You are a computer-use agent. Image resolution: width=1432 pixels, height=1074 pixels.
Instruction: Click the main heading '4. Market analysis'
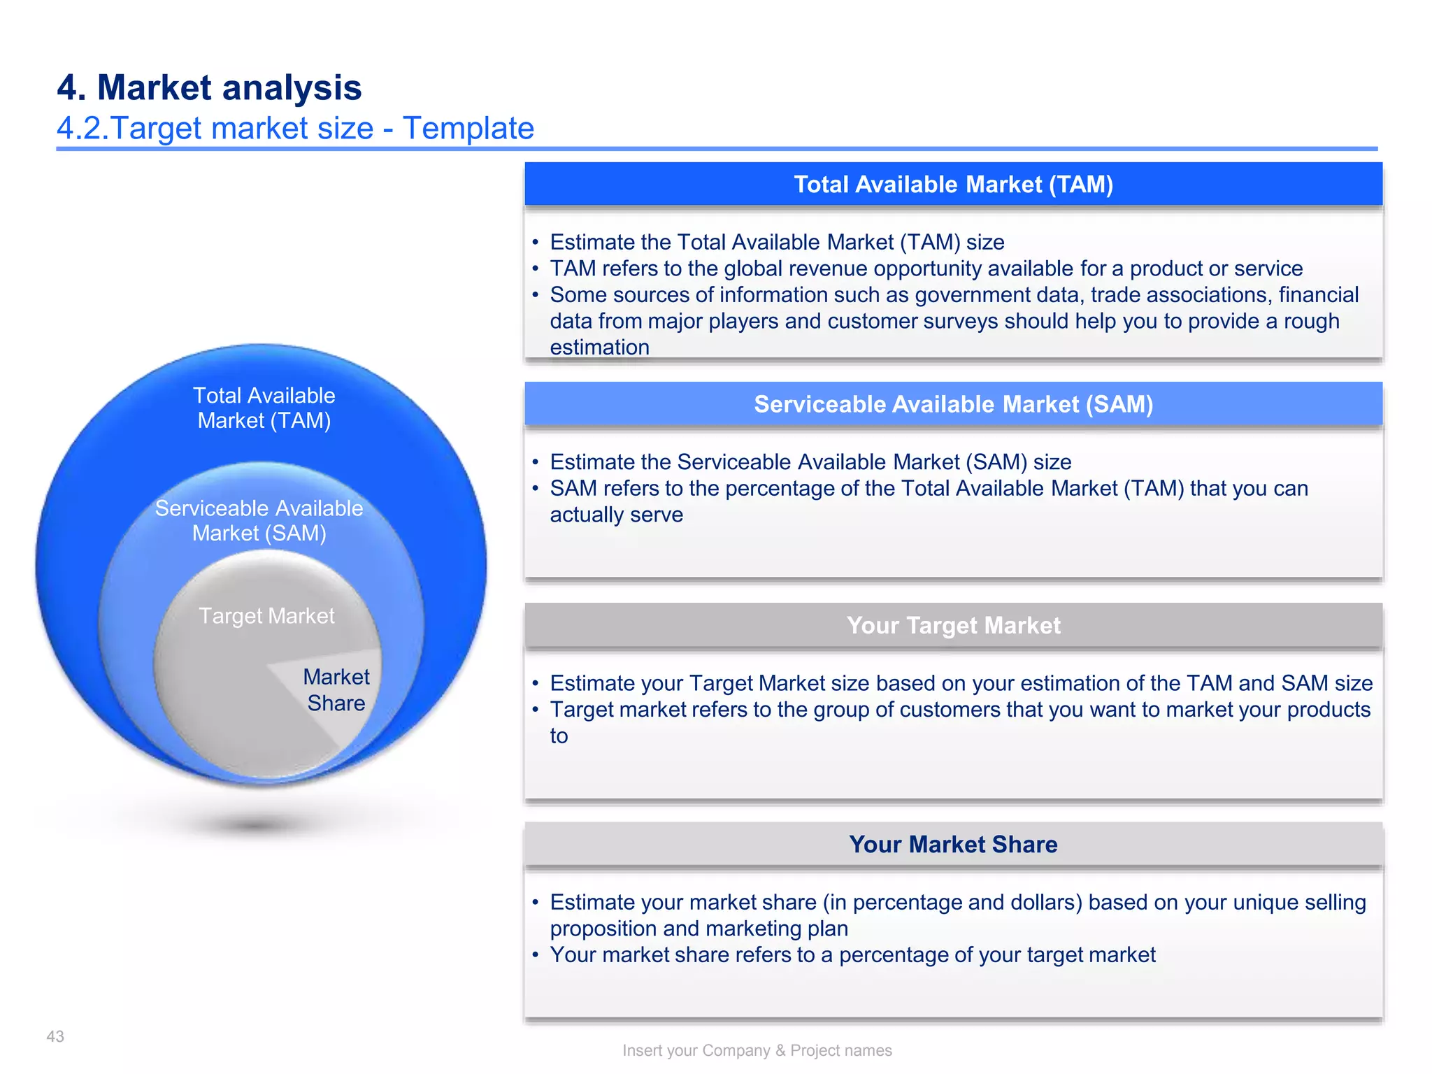click(x=209, y=87)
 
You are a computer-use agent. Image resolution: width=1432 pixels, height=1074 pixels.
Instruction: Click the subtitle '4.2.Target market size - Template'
click(x=295, y=129)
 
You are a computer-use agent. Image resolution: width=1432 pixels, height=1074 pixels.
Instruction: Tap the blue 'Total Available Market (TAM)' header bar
click(x=953, y=185)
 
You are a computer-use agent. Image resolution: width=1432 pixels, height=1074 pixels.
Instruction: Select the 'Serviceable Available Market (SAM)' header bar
click(x=953, y=404)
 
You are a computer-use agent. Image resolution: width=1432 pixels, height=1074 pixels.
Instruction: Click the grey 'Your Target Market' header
click(x=953, y=625)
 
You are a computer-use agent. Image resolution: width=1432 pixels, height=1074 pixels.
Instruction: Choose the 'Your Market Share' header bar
click(x=953, y=845)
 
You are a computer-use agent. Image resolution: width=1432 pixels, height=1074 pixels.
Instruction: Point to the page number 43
click(x=55, y=1036)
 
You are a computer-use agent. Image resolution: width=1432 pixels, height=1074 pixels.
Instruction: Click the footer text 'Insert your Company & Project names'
click(x=757, y=1050)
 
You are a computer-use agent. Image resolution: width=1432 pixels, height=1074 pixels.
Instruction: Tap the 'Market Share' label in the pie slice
click(x=336, y=689)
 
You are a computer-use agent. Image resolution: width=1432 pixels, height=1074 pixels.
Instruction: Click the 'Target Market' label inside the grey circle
click(x=266, y=616)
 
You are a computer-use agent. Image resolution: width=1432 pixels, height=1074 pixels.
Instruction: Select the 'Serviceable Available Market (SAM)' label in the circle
click(x=259, y=521)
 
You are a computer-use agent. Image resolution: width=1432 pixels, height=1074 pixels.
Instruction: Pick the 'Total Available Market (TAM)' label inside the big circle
click(x=264, y=408)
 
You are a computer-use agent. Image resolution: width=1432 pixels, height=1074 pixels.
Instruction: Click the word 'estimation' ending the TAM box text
click(x=599, y=348)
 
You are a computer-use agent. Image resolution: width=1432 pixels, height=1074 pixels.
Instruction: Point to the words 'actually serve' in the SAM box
click(x=616, y=515)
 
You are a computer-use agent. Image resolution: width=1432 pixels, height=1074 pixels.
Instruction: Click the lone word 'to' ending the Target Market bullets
click(x=559, y=736)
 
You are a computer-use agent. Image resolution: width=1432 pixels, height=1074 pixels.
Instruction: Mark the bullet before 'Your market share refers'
click(x=535, y=955)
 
